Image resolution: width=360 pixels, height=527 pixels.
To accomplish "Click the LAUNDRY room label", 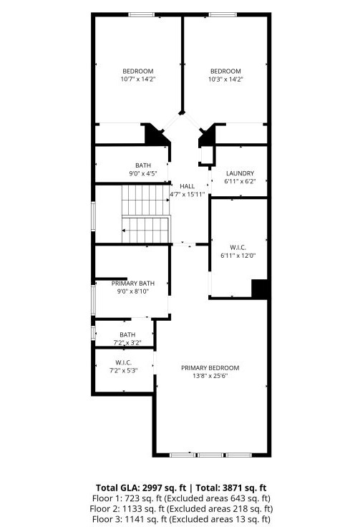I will pyautogui.click(x=240, y=174).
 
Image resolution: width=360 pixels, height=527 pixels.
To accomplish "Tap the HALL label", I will pyautogui.click(x=187, y=186).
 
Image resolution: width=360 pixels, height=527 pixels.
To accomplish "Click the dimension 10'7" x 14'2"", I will pyautogui.click(x=138, y=79).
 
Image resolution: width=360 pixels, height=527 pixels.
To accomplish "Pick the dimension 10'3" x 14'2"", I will pyautogui.click(x=225, y=79).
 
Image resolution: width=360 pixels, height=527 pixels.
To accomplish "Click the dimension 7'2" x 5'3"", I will pyautogui.click(x=123, y=370).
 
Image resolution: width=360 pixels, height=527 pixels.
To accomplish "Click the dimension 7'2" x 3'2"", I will pyautogui.click(x=127, y=343).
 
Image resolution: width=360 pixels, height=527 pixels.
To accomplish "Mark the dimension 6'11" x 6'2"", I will pyautogui.click(x=240, y=183).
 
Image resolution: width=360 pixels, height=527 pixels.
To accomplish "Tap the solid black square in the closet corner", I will pyautogui.click(x=260, y=289).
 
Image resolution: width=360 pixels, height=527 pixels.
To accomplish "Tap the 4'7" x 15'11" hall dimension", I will pyautogui.click(x=187, y=195).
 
